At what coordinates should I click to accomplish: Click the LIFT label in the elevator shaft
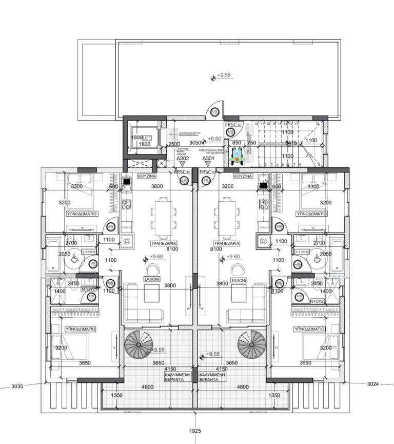coord(147,138)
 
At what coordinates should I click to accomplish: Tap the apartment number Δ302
coord(183,159)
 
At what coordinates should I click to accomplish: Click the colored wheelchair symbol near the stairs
coord(238,155)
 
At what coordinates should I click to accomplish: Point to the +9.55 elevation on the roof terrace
coord(224,75)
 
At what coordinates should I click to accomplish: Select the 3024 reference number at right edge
coord(376,383)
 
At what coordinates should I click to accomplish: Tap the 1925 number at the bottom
coord(195,431)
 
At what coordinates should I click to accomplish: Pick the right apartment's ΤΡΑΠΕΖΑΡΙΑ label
coord(227,241)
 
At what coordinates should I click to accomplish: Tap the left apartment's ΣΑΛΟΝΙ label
coord(151,280)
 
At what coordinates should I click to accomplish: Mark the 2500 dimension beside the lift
coord(174,144)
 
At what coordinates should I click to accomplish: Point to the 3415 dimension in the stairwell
coord(291,142)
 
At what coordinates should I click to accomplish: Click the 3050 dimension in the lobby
coord(195,143)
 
